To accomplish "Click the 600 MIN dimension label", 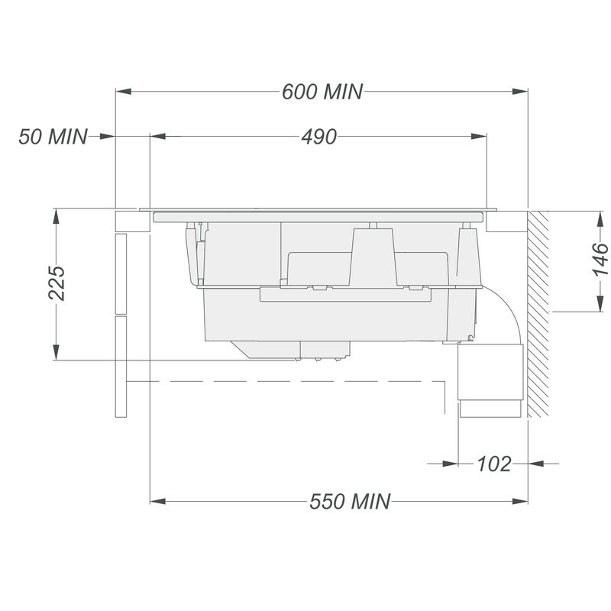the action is click(322, 92).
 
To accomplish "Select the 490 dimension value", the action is click(318, 137).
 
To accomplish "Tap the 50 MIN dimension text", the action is click(53, 137).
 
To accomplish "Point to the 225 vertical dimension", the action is click(57, 283).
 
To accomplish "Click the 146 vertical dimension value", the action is click(600, 259).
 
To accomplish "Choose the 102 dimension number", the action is click(493, 464).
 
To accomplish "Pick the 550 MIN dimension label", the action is click(350, 501).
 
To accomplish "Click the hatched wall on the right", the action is click(538, 314).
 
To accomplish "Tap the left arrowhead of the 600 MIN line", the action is click(123, 92).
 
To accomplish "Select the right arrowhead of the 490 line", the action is click(479, 137).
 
